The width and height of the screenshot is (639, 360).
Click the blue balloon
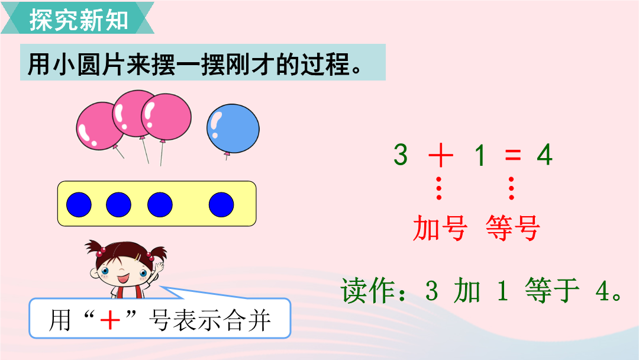click(x=233, y=129)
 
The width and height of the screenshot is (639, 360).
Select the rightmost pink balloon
click(x=166, y=117)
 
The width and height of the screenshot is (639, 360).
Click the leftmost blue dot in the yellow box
click(x=79, y=204)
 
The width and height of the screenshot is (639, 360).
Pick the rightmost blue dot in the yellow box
click(x=221, y=204)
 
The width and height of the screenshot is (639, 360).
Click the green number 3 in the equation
click(x=401, y=155)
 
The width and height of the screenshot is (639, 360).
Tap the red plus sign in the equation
click(x=441, y=155)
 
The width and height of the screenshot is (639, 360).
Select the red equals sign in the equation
click(x=512, y=155)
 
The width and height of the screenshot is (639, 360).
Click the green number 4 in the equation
click(x=545, y=155)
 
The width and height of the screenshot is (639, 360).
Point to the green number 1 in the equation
click(x=480, y=155)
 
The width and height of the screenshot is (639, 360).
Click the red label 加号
click(x=440, y=228)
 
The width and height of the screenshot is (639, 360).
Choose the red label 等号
click(x=512, y=228)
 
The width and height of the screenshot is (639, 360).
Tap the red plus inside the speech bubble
click(x=110, y=320)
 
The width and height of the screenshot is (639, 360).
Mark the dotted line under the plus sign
click(x=439, y=188)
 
